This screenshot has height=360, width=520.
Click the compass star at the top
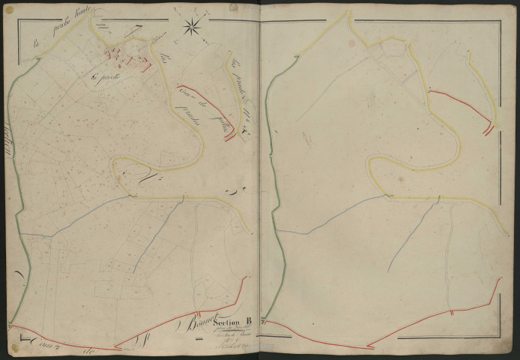click(x=192, y=28)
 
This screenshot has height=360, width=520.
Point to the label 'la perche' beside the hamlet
click(x=104, y=76)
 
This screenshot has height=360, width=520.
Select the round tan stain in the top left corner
click(x=10, y=10)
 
